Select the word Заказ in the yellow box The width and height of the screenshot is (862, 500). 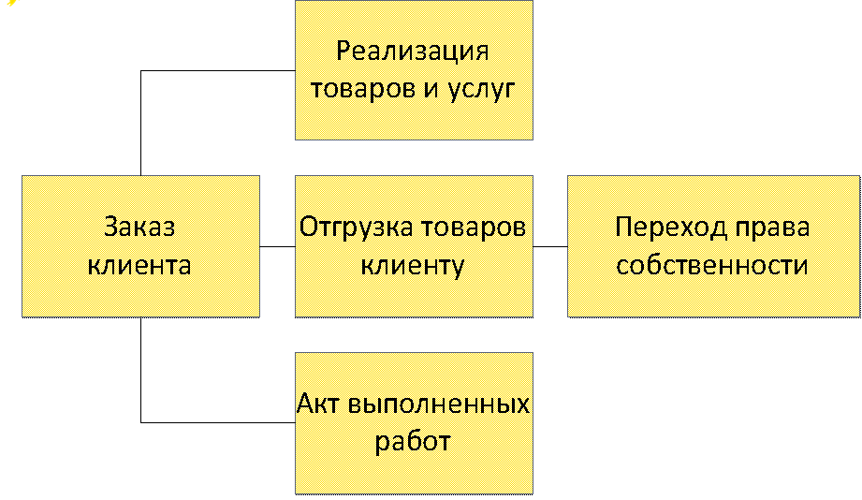[x=140, y=228]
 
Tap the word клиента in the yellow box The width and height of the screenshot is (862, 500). [x=140, y=265]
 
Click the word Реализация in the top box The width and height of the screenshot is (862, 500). [x=413, y=51]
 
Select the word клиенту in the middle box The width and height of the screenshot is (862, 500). [x=413, y=265]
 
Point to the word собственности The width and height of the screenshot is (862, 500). [x=711, y=265]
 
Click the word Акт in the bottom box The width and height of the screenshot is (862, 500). [x=319, y=404]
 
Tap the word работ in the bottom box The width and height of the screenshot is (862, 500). [x=413, y=441]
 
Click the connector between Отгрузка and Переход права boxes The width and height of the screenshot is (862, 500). [x=550, y=247]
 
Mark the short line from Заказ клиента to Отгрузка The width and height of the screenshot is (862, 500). [x=277, y=247]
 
